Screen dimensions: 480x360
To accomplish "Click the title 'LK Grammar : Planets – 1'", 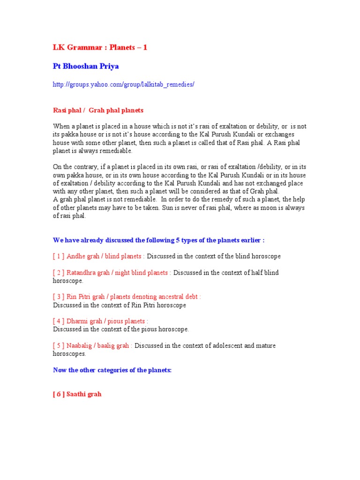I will pyautogui.click(x=100, y=48).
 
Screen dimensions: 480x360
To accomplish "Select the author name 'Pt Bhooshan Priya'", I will pyautogui.click(x=86, y=67).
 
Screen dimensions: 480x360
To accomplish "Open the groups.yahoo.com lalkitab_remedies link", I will pyautogui.click(x=123, y=85).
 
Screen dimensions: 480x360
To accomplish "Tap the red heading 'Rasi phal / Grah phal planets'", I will pyautogui.click(x=98, y=111).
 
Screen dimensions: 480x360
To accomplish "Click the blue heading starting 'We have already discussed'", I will pyautogui.click(x=159, y=240).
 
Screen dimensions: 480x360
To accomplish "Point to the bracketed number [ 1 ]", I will pyautogui.click(x=59, y=256).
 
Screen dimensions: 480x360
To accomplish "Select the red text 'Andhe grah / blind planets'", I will pyautogui.click(x=105, y=256).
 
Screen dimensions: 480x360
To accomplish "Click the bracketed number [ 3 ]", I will pyautogui.click(x=59, y=297).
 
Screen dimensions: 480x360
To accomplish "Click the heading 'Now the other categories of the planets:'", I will pyautogui.click(x=112, y=370).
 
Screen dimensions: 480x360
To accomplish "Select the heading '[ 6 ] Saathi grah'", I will pyautogui.click(x=77, y=394).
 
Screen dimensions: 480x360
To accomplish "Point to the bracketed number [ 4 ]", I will pyautogui.click(x=59, y=322).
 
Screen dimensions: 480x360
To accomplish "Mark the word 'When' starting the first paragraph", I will pyautogui.click(x=61, y=127).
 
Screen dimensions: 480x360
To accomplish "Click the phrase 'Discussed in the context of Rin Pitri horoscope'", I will pyautogui.click(x=120, y=305).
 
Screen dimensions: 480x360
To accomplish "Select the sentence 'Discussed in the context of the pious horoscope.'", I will pyautogui.click(x=121, y=330).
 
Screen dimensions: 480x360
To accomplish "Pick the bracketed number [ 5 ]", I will pyautogui.click(x=59, y=346).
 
